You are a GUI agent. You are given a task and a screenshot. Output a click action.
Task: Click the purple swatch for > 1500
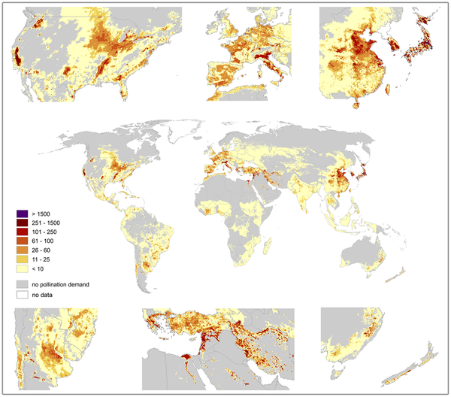pyautogui.click(x=21, y=215)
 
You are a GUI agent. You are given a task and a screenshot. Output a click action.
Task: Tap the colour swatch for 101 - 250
pyautogui.click(x=21, y=234)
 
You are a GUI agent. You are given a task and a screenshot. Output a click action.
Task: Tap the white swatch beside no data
pyautogui.click(x=21, y=295)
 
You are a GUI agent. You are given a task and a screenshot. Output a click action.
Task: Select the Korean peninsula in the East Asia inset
pyautogui.click(x=397, y=38)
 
